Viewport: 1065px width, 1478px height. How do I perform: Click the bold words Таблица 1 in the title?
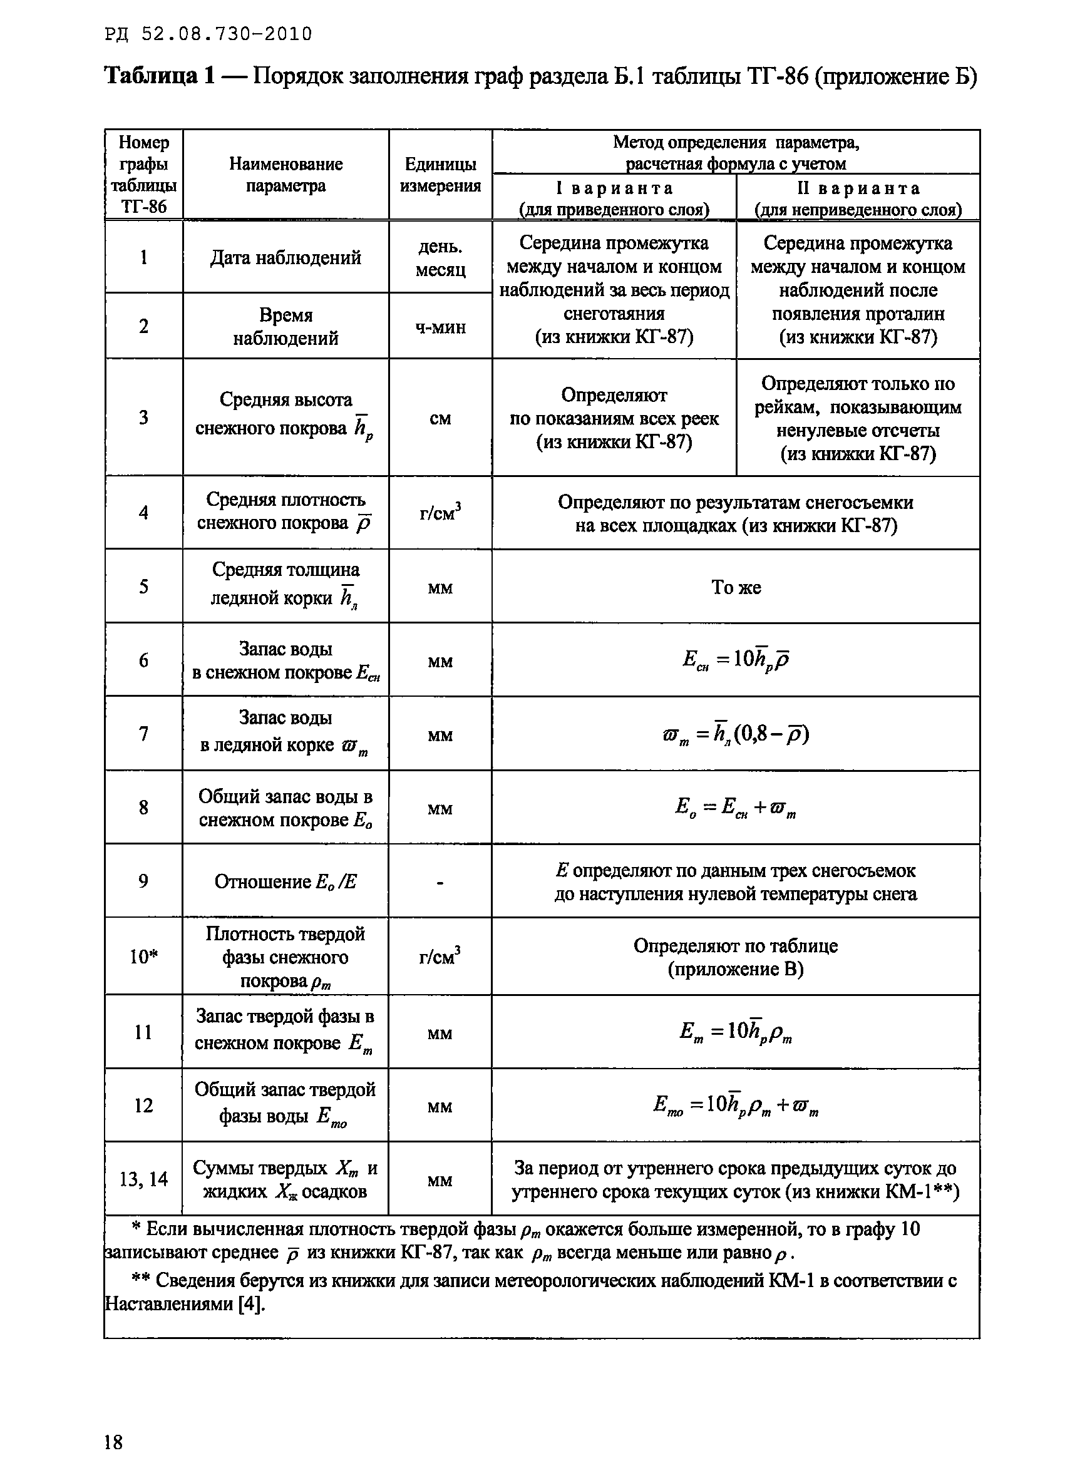point(160,77)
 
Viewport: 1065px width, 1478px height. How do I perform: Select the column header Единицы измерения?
point(440,175)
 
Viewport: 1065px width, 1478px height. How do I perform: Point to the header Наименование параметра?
point(286,175)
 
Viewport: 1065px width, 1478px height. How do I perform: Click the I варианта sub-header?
point(614,198)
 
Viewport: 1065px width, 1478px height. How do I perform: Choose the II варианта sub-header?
point(858,198)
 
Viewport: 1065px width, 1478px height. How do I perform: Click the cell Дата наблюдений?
point(286,258)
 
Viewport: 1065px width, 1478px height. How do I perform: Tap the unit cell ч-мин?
point(440,327)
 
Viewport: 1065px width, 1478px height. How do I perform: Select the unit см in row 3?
point(440,418)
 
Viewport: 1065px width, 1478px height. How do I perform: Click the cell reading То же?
point(736,587)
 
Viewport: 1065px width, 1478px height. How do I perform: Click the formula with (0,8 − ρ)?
point(736,734)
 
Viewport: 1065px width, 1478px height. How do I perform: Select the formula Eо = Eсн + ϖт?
point(736,808)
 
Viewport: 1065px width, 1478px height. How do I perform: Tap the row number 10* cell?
point(143,957)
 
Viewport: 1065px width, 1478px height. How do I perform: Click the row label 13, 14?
point(143,1179)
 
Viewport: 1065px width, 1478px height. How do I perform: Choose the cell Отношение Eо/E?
point(286,881)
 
